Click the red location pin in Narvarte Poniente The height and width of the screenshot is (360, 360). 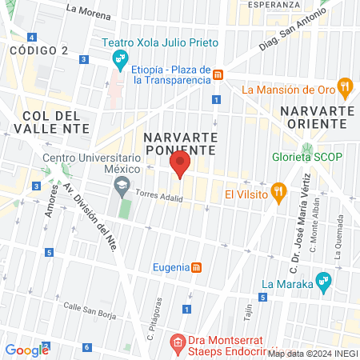coord(180,164)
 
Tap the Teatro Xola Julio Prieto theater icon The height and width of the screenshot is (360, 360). coord(120,57)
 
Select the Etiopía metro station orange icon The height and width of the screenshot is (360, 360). coord(218,74)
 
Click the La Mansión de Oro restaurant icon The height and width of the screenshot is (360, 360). coord(345,86)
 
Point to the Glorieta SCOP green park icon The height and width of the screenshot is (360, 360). coord(306,148)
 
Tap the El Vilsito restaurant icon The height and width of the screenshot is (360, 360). coord(278,191)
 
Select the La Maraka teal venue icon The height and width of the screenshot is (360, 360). coord(324,281)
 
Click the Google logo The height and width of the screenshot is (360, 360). coord(26,350)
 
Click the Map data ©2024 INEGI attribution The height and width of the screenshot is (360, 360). coord(312,354)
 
